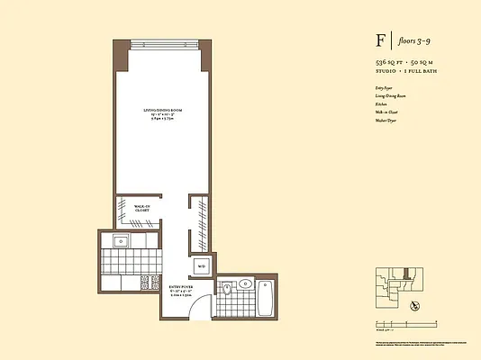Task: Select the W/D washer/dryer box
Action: coord(202,266)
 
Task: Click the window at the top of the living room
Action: coord(163,45)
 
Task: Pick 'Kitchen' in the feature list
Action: coord(382,104)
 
